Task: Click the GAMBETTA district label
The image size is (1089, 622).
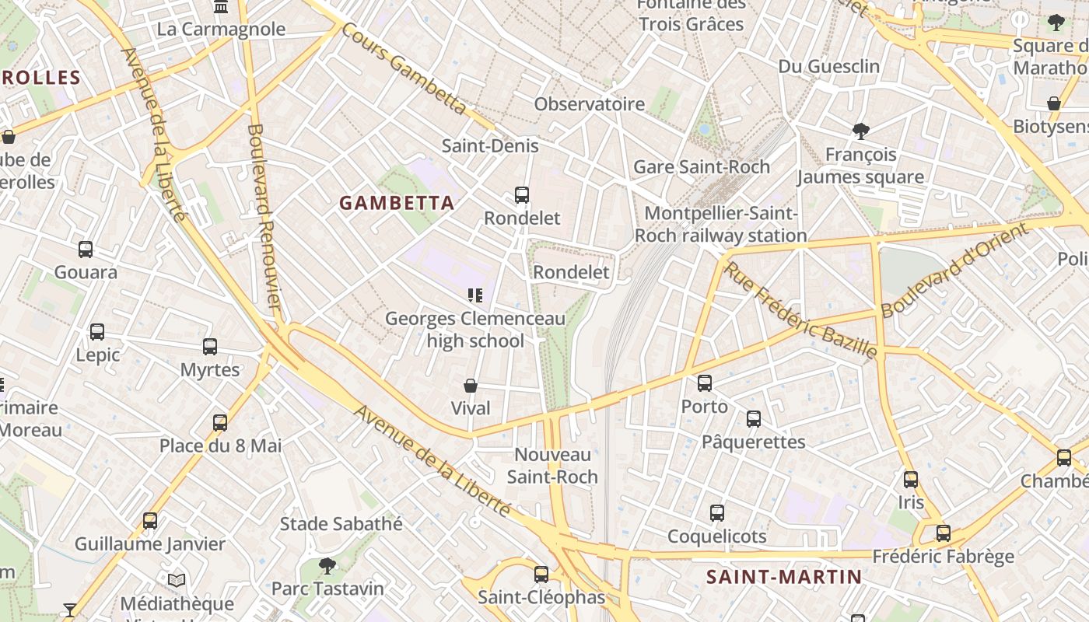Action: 397,203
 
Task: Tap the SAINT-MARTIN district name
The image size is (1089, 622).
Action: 784,577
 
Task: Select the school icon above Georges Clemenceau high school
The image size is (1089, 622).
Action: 474,295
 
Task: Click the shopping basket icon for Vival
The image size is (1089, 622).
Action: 471,386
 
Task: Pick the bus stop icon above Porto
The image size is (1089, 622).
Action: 705,383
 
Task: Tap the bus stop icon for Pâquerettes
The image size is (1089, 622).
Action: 753,419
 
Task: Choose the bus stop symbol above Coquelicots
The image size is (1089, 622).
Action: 717,513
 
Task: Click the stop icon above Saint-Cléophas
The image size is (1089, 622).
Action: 541,575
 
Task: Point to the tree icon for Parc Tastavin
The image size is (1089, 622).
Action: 327,565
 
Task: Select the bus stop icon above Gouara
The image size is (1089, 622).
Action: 86,250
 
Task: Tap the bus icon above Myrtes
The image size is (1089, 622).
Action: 210,347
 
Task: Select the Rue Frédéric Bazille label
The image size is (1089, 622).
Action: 800,310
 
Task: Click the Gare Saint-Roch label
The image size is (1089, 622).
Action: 702,166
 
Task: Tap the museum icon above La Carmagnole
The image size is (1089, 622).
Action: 222,7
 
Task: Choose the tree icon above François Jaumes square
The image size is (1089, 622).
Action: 860,131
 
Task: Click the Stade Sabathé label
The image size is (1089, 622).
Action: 341,524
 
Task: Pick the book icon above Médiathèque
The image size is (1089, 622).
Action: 177,580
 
